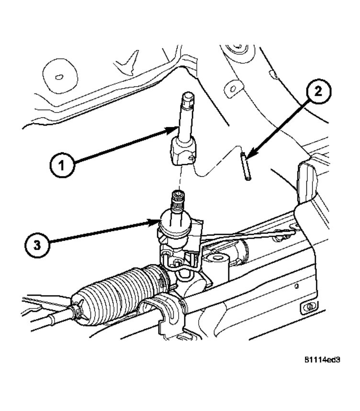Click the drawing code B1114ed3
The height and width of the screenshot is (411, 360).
coord(325,359)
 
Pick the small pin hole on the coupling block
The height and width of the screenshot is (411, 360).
coord(191,158)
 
